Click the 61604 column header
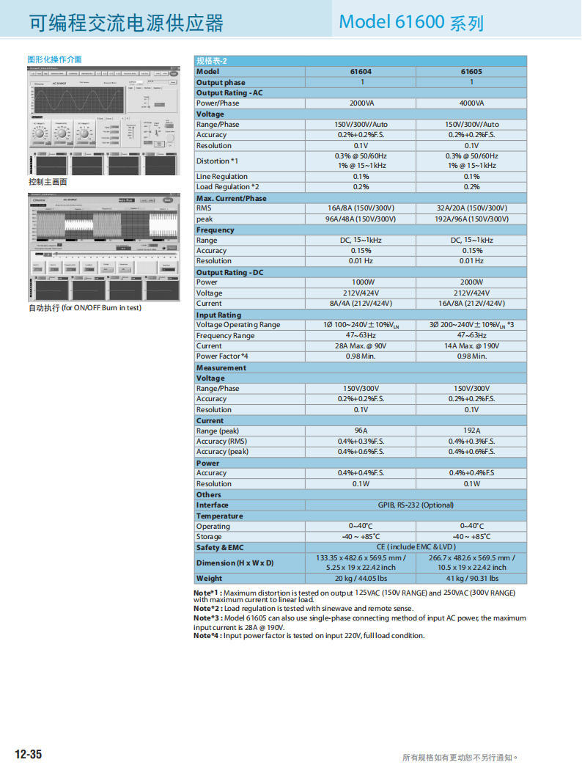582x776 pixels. tap(361, 72)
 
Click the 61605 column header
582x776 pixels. tap(471, 72)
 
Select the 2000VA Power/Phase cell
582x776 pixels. tap(361, 103)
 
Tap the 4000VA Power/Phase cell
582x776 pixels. tap(471, 103)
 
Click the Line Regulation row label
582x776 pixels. tap(221, 177)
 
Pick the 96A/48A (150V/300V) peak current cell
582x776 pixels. tap(361, 219)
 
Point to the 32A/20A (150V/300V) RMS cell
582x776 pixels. tap(471, 208)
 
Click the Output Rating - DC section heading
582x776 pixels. tap(229, 273)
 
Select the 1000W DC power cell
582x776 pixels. tap(361, 282)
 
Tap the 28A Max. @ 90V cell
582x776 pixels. tap(361, 346)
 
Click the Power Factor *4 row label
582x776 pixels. tap(222, 356)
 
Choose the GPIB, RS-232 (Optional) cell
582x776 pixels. tap(416, 505)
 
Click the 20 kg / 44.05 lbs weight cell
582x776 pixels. tap(361, 579)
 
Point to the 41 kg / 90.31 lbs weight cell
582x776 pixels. tap(471, 579)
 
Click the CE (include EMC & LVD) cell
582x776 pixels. tap(416, 547)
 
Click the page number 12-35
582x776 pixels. tap(29, 755)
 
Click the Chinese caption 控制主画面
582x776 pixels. tap(48, 182)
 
